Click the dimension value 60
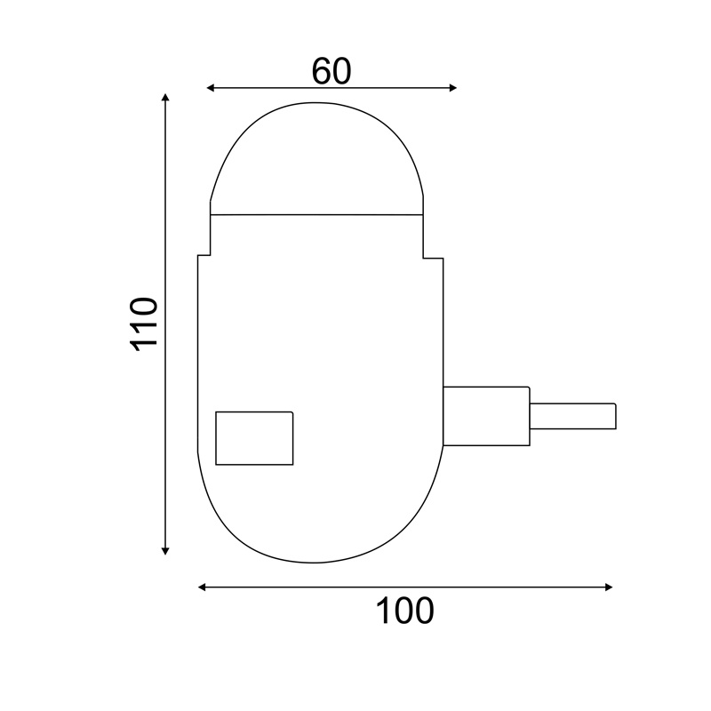332,71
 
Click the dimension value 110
144,324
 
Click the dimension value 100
404,611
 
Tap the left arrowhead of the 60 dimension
210,87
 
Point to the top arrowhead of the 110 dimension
165,96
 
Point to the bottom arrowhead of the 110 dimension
165,551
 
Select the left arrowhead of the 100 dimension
202,587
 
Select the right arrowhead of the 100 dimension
610,587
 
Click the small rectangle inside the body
254,437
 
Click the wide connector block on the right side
486,415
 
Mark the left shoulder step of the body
204,255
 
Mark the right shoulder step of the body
433,258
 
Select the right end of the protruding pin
615,415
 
